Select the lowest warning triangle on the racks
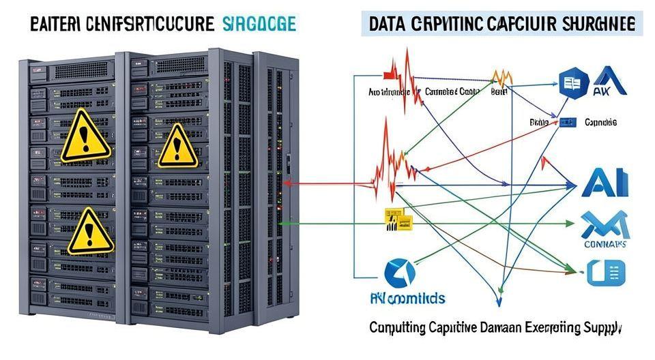pos(89,230)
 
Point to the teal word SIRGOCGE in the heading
pos(259,23)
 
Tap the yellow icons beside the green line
pos(399,219)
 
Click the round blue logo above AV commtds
pos(400,273)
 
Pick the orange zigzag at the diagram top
pos(502,76)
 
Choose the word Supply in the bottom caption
pos(603,327)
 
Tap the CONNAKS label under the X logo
pos(605,243)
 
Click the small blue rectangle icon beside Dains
pos(566,123)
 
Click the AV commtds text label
pos(407,298)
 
